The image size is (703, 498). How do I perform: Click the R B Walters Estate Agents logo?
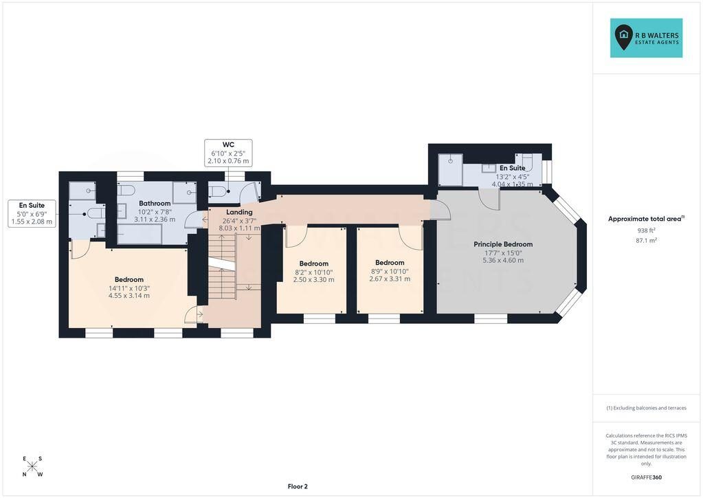(646, 38)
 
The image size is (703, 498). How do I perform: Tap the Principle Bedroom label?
(503, 244)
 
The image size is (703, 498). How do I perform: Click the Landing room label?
(239, 212)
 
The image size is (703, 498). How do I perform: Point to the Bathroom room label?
(155, 203)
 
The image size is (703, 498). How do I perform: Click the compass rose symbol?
(32, 466)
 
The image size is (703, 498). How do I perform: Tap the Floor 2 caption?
(298, 486)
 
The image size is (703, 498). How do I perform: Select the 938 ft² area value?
(646, 230)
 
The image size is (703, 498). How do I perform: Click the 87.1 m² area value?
(646, 240)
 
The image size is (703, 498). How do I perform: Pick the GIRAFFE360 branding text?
(646, 477)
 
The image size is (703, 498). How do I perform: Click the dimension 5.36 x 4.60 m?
(503, 260)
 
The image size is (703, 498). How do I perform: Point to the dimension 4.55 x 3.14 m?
(129, 296)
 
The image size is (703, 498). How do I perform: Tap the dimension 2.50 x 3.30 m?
(314, 279)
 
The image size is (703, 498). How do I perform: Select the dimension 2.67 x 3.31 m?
(390, 279)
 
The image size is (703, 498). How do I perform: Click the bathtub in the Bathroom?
(140, 233)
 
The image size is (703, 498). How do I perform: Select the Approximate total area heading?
(646, 219)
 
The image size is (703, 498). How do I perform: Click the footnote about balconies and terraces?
(646, 408)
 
